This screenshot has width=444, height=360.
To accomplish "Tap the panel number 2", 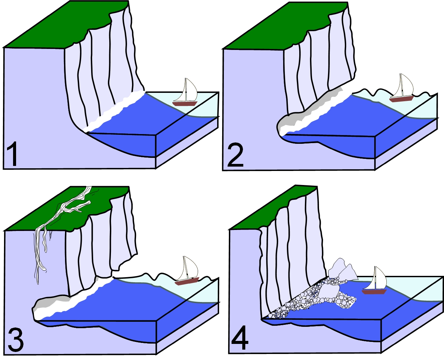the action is (236, 155).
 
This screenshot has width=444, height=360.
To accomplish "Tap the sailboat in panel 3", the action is (187, 271).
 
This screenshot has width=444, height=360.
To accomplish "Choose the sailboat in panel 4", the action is (374, 280).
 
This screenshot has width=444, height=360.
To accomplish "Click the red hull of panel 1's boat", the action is (185, 103).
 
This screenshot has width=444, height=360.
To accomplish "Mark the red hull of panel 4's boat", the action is (374, 292).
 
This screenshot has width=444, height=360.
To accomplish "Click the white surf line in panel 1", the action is (114, 111).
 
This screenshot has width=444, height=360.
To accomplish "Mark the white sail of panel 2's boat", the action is (402, 85).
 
